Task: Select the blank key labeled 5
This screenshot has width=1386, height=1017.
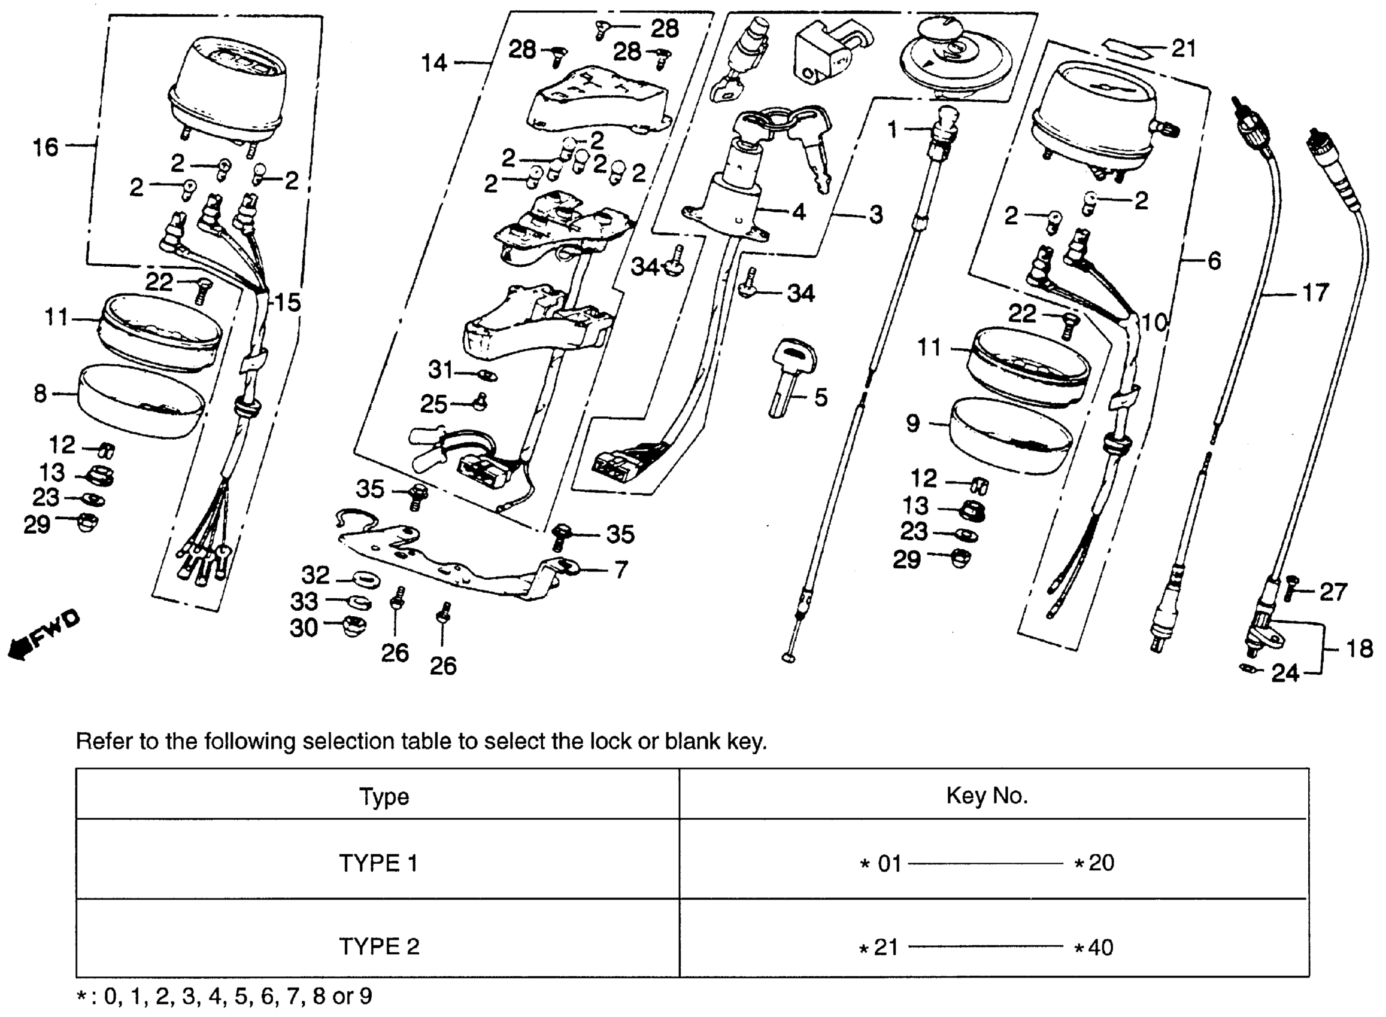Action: (790, 377)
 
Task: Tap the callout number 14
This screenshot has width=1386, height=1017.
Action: (434, 63)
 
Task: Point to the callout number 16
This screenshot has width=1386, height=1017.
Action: (45, 147)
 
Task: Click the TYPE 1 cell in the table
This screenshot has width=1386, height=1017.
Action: (378, 863)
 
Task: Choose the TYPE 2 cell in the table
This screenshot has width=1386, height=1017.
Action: (379, 946)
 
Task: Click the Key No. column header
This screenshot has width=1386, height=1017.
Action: (987, 796)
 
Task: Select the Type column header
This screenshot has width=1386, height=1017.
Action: (384, 797)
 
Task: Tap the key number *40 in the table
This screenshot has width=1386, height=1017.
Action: (1094, 947)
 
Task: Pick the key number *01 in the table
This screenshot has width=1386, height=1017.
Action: (881, 864)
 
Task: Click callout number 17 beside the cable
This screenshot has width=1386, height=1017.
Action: (1315, 293)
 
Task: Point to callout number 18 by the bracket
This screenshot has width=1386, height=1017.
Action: (1360, 649)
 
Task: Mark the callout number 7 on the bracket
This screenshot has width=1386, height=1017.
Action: (621, 570)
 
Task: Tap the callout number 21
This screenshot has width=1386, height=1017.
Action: (1183, 48)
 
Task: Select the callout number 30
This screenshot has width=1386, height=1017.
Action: (304, 628)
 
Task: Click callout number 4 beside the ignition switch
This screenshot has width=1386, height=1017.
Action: (799, 212)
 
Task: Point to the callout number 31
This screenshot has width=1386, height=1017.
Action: (441, 370)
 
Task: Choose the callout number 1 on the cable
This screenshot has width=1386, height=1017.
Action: (892, 130)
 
